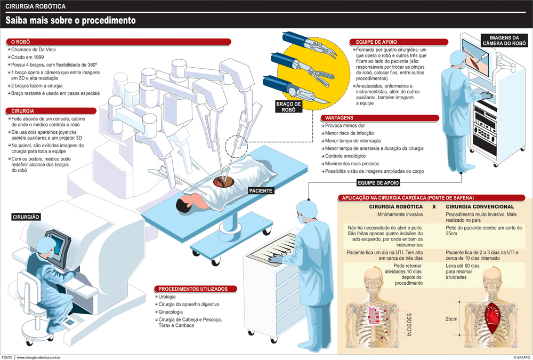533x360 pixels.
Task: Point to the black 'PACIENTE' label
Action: pyautogui.click(x=261, y=190)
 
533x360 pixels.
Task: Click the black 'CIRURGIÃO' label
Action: pyautogui.click(x=26, y=217)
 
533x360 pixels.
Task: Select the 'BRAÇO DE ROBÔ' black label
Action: pyautogui.click(x=289, y=107)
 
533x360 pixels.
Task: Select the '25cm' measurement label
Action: pyautogui.click(x=451, y=318)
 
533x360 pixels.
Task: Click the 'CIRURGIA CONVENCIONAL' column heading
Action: pyautogui.click(x=480, y=206)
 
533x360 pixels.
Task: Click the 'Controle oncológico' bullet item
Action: pyautogui.click(x=345, y=156)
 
